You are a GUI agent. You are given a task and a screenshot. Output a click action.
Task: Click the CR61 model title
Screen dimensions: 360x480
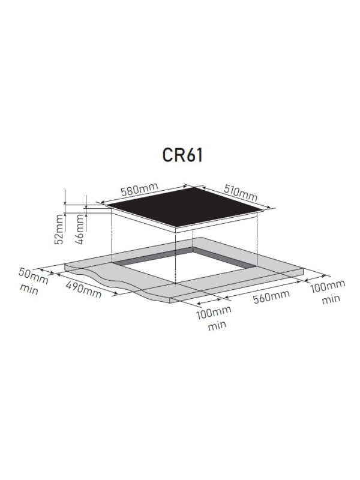point(182,155)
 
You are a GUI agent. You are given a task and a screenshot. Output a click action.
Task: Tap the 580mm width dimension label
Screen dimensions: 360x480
point(140,189)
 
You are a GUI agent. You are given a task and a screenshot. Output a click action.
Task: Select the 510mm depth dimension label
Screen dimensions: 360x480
point(241,193)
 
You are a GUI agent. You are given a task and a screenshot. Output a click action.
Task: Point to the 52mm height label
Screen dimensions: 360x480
point(59,229)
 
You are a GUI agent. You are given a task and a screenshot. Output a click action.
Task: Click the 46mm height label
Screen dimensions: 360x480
point(79,229)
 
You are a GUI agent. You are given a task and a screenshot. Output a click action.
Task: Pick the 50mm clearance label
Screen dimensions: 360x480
point(33,275)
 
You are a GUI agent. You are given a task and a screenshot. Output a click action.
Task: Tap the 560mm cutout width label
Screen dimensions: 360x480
point(271,296)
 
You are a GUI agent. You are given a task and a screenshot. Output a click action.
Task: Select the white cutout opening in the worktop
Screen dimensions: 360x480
point(184,267)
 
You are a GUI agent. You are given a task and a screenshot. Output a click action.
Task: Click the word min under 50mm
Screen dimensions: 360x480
point(29,289)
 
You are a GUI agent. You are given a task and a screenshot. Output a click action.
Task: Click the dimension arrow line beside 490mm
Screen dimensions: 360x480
point(86,284)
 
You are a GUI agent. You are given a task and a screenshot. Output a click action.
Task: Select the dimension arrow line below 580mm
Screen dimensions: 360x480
point(144,194)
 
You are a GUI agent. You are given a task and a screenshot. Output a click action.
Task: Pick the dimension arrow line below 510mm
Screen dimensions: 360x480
point(236,197)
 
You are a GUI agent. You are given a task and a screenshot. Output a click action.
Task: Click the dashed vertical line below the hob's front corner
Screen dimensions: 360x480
point(175,258)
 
